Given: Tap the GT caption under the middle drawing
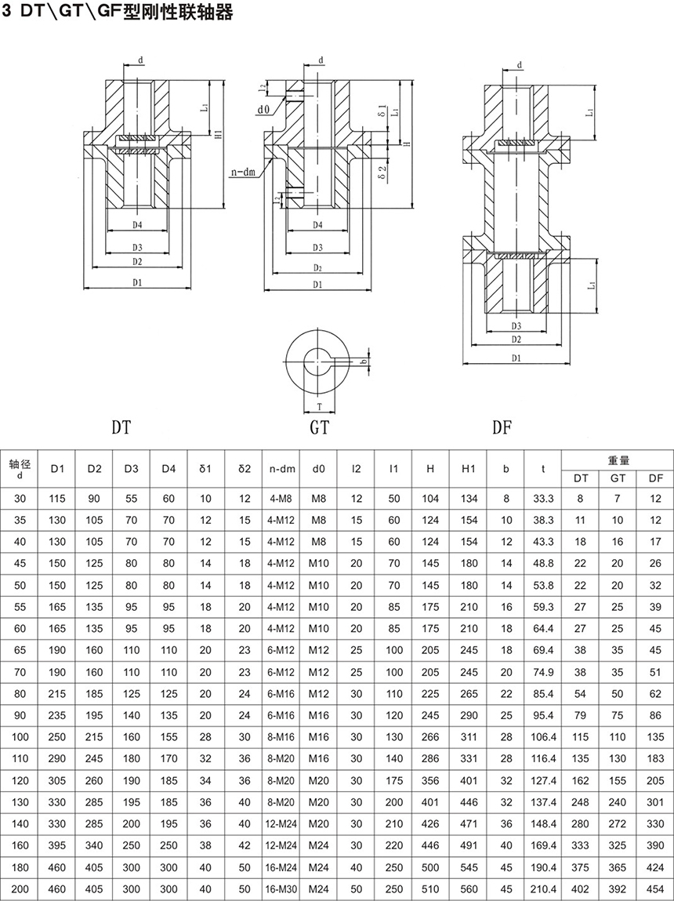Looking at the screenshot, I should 319,427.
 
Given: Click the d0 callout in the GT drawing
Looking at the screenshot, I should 263,110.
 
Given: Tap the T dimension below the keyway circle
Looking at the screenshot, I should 320,406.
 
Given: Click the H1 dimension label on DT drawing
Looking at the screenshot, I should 219,135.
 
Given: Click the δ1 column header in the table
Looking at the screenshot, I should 206,469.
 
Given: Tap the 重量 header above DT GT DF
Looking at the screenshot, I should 618,460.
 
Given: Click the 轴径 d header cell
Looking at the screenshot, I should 20,469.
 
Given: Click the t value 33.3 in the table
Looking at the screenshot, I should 543,499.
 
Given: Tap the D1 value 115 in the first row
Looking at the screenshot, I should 57,499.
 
